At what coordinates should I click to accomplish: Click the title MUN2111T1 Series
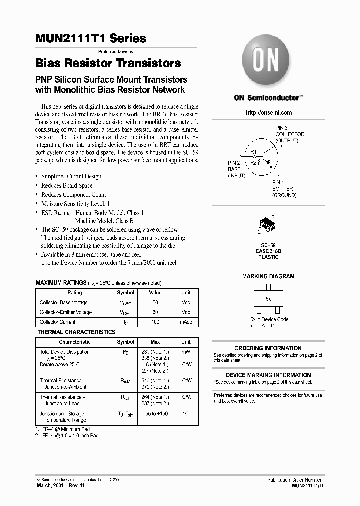point(91,38)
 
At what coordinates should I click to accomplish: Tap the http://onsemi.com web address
point(269,113)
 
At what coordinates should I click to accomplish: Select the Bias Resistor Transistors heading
point(108,64)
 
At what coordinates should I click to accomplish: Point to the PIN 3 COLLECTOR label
point(290,134)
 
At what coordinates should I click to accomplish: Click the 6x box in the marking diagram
point(268,298)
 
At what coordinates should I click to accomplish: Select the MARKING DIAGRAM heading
point(268,276)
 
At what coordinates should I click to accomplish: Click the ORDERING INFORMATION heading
point(268,348)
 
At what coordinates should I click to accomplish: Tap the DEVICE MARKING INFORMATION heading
point(268,375)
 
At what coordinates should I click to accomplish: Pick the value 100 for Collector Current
point(155,322)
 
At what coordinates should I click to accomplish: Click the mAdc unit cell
point(186,322)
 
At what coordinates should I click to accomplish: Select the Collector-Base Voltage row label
point(64,303)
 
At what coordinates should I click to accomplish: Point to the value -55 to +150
point(155,414)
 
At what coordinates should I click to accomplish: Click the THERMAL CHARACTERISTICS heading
point(76,332)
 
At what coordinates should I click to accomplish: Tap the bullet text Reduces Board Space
point(67,185)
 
